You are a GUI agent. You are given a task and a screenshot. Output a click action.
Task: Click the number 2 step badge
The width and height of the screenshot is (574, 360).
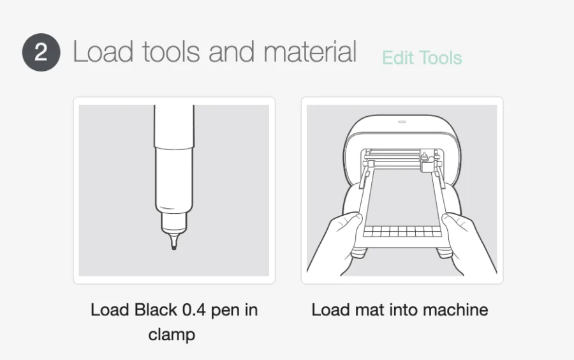coord(41,52)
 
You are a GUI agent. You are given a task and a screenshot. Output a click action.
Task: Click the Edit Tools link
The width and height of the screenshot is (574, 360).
coord(422,58)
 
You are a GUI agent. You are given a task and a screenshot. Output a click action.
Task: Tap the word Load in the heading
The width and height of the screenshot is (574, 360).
coord(103,51)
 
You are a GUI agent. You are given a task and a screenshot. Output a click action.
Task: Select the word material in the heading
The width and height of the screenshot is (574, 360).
coord(310,51)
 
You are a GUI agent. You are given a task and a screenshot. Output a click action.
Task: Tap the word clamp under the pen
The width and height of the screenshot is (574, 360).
coord(172,334)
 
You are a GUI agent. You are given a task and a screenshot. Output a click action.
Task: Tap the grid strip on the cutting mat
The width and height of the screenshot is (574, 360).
coord(402,232)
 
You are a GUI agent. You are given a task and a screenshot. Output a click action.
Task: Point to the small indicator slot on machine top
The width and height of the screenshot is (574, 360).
coord(402,121)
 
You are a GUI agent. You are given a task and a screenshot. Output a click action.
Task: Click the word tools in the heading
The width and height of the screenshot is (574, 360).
coord(171,51)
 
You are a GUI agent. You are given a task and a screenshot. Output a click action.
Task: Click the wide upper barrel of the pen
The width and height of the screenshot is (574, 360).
coord(174,127)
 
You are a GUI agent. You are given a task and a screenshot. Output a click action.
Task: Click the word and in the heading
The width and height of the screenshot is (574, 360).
coord(232,51)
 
